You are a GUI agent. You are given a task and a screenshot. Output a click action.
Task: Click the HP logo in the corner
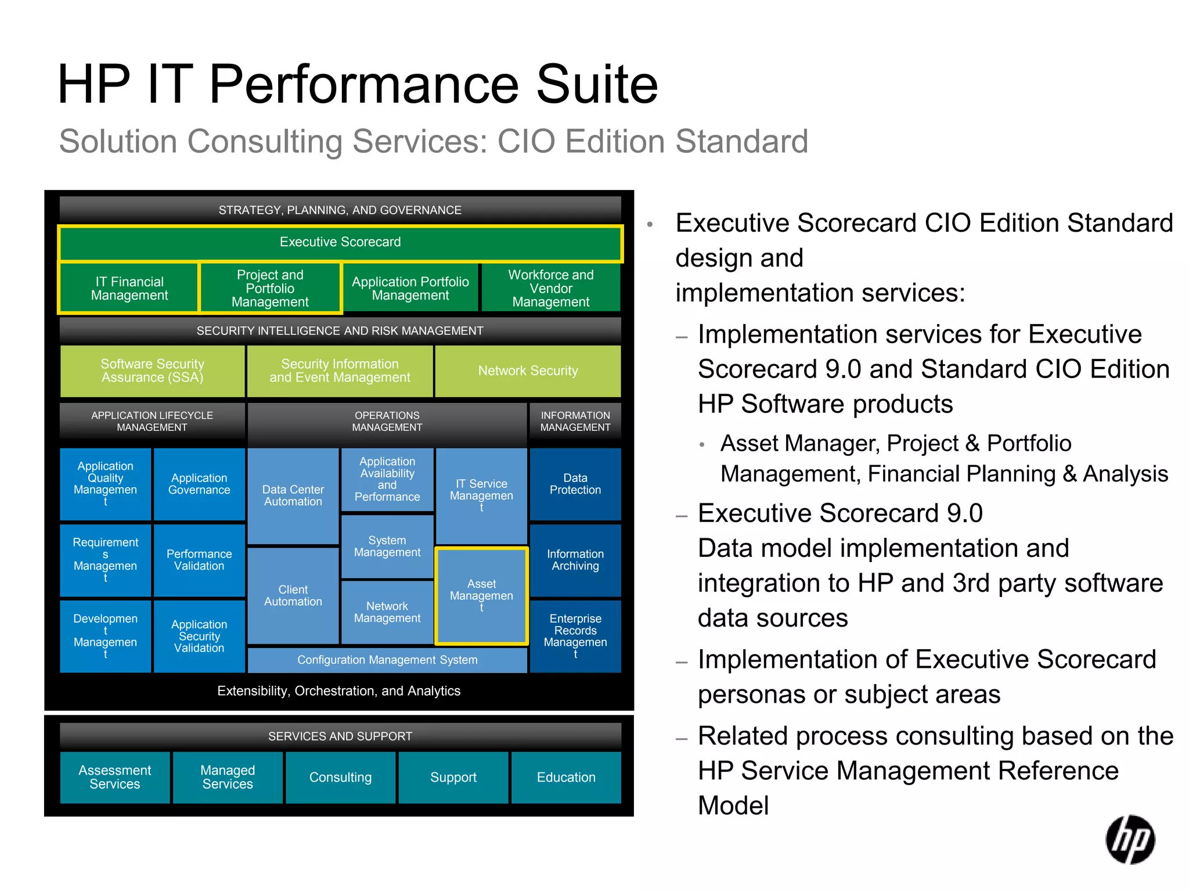[1130, 839]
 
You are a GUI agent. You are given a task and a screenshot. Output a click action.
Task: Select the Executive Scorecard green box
[340, 243]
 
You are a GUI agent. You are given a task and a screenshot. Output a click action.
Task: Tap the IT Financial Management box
[129, 288]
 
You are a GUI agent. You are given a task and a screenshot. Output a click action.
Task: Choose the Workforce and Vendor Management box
[550, 288]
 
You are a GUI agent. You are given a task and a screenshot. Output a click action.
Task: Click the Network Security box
[528, 371]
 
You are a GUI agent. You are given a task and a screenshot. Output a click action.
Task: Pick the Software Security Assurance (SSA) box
[152, 371]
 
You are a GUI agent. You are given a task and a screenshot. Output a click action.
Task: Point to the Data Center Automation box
[293, 495]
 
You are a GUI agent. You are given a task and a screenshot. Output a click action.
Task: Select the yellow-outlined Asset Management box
[481, 595]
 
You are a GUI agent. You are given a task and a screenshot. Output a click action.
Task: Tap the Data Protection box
[575, 484]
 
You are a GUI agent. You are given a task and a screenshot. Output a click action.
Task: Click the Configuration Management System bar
[387, 660]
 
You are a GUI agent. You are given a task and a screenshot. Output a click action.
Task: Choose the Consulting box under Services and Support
[340, 777]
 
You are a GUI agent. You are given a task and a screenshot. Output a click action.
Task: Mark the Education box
[566, 777]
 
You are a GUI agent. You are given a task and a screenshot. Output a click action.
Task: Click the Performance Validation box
[199, 560]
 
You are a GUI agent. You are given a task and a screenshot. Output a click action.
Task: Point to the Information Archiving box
[575, 560]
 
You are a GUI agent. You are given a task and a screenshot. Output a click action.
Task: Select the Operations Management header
[387, 422]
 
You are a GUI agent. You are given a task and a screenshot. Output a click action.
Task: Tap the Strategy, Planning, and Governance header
[340, 210]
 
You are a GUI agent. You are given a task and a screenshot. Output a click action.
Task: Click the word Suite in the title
[597, 85]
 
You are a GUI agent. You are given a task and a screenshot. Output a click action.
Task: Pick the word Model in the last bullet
[733, 805]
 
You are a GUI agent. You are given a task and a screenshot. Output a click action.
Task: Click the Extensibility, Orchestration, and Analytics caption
[339, 691]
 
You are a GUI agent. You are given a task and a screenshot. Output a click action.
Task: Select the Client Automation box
[293, 596]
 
